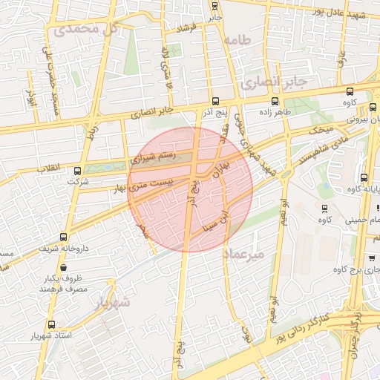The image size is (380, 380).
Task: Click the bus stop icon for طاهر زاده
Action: click(x=275, y=101)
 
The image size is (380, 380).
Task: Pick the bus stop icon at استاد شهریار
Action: click(x=51, y=324)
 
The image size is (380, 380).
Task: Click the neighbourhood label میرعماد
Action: click(x=243, y=255)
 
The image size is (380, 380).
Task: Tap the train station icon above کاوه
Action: click(x=324, y=206)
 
